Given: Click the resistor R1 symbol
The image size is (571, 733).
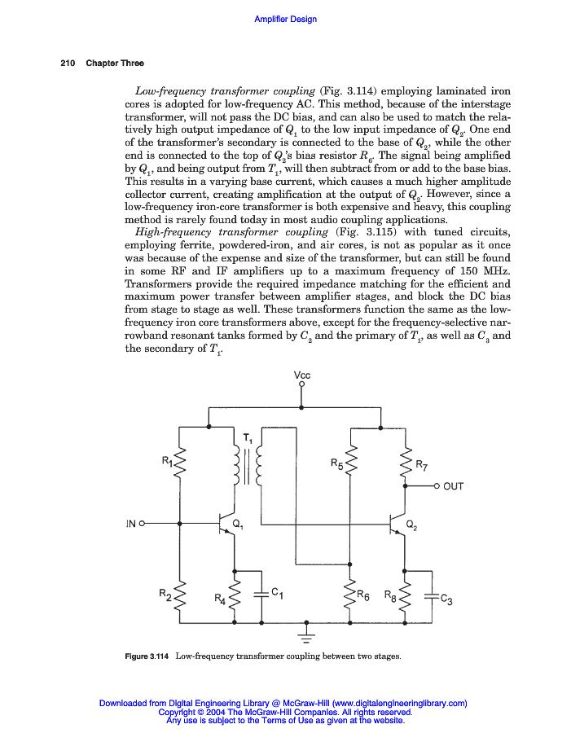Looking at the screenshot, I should pos(178,468).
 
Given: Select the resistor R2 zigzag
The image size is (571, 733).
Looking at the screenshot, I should pos(178,597).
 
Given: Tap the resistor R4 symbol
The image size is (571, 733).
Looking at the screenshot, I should pos(235,597).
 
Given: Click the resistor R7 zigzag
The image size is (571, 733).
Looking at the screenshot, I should pos(404,464).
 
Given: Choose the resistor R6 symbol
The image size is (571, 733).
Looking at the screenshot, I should pos(351,597).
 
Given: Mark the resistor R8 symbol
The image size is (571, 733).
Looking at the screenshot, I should pos(404,597).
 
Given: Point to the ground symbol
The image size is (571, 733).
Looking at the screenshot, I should pos(307,633).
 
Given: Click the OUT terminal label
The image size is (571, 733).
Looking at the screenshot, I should pos(454,486).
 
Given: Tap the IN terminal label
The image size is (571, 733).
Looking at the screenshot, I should pos(130,524).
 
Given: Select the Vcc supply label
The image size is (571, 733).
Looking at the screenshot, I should pos(302,375).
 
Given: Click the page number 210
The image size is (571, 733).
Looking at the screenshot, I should pos(68,64).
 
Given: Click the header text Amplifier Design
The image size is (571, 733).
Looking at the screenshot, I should pos(286,19).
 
